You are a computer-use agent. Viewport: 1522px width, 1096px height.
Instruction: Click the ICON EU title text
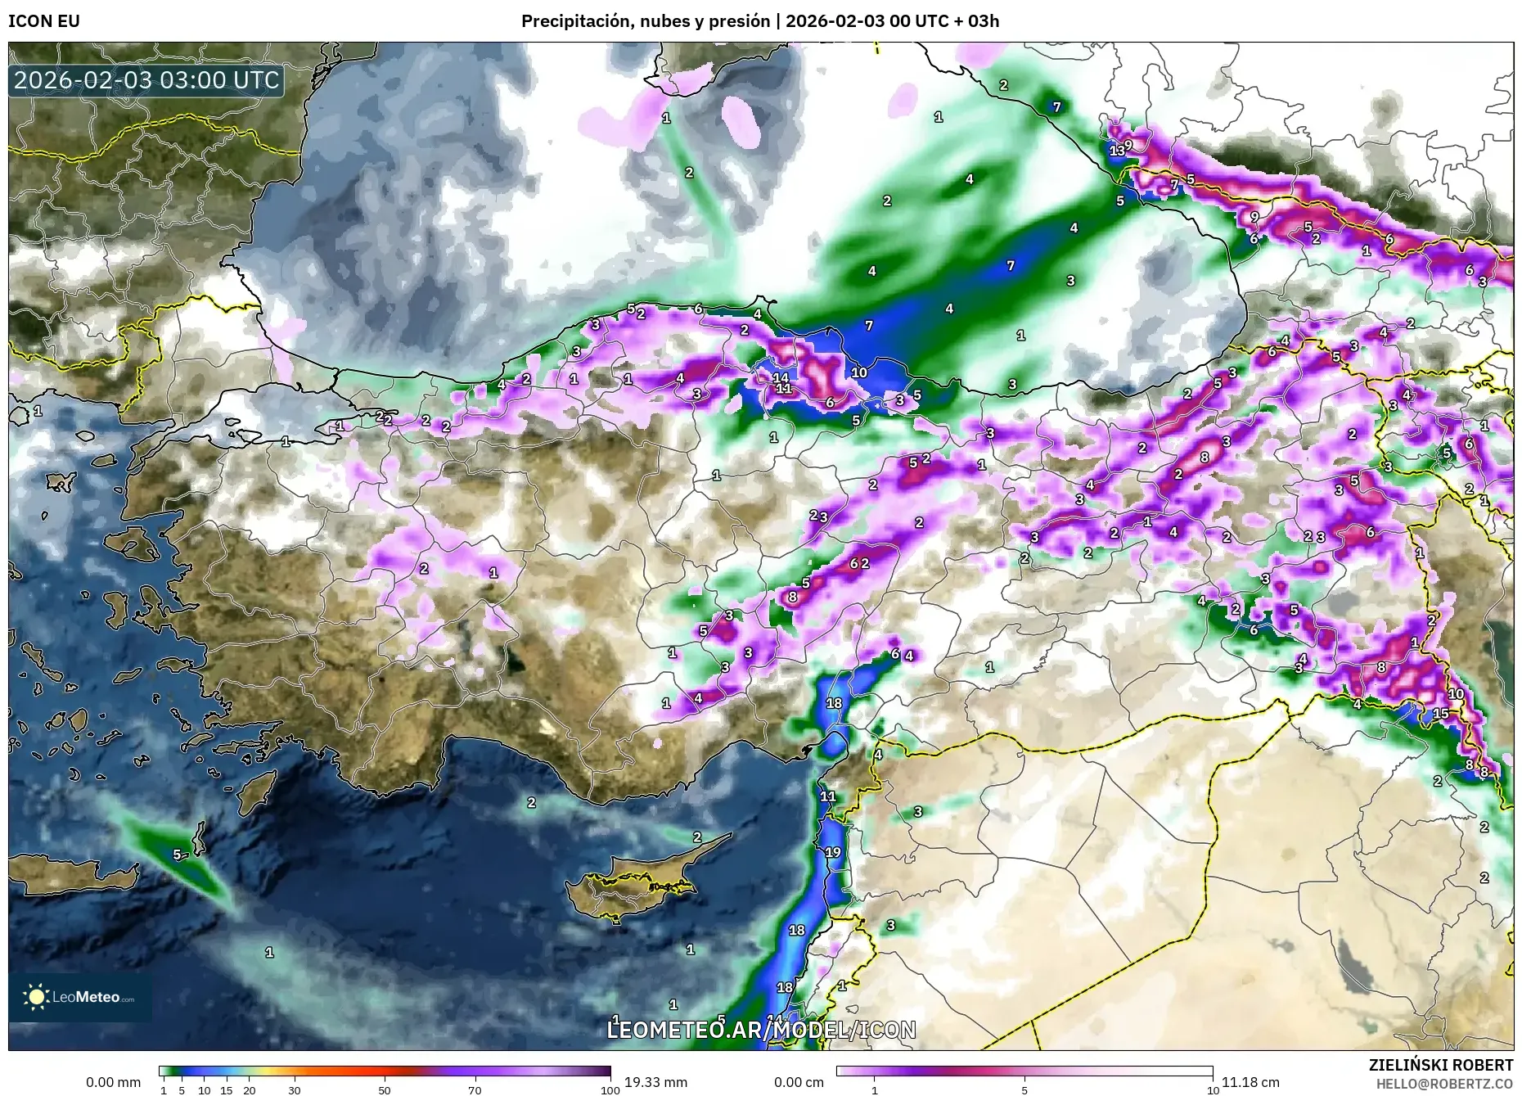coord(44,20)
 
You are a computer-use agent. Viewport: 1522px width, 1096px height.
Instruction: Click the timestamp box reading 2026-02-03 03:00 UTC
coord(146,80)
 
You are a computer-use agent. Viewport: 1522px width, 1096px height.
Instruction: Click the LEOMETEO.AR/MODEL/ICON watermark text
coord(761,1030)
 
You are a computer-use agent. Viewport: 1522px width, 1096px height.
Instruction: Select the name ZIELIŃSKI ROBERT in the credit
coord(1440,1065)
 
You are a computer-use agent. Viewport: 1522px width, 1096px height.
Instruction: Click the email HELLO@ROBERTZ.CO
coord(1443,1083)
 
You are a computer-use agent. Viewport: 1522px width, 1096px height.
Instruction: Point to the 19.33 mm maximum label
coord(655,1082)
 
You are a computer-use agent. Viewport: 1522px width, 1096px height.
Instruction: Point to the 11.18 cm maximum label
coord(1250,1082)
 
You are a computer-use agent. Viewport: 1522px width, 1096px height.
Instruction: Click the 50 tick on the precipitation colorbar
coord(385,1089)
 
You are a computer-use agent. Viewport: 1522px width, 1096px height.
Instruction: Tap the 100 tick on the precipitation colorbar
coord(610,1089)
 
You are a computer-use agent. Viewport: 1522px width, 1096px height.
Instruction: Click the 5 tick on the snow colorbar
coord(1024,1089)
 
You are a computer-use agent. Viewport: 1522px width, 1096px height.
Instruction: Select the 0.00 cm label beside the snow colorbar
coord(799,1082)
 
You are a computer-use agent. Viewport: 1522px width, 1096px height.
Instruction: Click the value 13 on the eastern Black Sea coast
coord(1117,151)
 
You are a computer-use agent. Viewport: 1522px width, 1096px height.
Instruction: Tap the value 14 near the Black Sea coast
coord(781,377)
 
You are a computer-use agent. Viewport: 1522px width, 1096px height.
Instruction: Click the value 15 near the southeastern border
coord(1441,713)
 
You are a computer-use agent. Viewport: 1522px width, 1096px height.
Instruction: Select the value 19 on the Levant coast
coord(832,852)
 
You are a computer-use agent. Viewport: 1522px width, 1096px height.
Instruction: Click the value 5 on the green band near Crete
coord(177,855)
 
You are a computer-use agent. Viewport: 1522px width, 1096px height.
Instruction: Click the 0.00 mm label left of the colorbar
coord(113,1082)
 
